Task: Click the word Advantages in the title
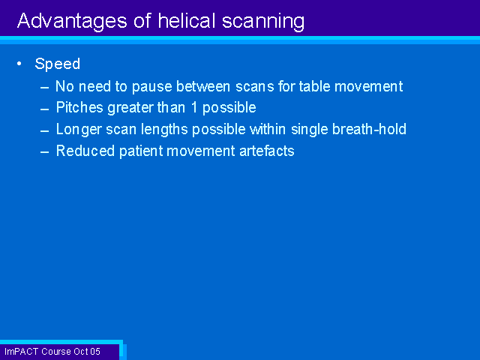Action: [x=72, y=22]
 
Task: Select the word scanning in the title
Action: [x=263, y=22]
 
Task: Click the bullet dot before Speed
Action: [x=19, y=64]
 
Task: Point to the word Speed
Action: [x=58, y=64]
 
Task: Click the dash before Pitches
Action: [x=45, y=109]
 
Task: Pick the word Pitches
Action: [x=79, y=107]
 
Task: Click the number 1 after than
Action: [x=194, y=108]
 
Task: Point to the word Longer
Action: [x=79, y=130]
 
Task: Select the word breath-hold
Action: [x=369, y=129]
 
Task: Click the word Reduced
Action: [x=85, y=151]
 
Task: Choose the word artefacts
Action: [x=267, y=151]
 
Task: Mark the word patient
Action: [x=141, y=151]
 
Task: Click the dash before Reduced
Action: [x=45, y=152]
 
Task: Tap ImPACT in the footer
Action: [x=22, y=352]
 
